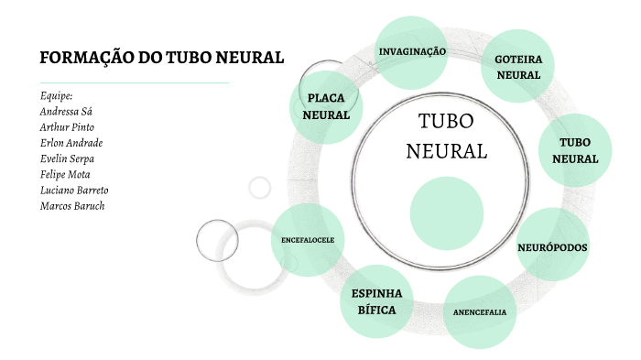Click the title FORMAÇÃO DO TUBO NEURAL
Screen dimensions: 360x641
161,59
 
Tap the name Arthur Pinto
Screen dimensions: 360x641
67,126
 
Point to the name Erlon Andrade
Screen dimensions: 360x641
71,143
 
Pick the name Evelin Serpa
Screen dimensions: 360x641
67,158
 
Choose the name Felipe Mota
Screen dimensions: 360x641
65,174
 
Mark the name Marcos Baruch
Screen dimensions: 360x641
72,206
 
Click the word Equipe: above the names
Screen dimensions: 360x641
56,95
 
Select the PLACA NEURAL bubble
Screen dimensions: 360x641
326,106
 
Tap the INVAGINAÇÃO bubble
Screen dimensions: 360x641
412,51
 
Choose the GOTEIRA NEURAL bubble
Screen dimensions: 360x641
518,66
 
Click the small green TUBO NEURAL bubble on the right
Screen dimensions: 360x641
574,150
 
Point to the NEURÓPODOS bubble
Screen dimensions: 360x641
552,246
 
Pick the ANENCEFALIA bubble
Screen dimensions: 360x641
480,311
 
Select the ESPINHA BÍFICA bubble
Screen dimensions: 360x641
376,301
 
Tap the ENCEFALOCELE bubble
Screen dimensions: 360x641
308,240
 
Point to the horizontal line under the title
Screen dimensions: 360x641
134,82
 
